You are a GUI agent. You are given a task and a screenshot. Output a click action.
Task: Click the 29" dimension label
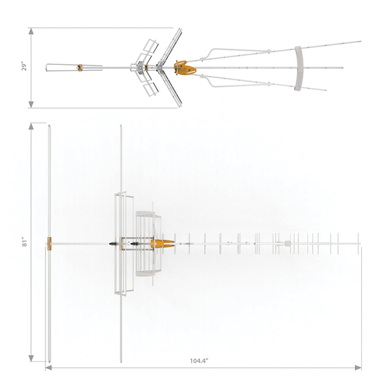pos(24,67)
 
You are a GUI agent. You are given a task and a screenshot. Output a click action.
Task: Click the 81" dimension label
pos(25,242)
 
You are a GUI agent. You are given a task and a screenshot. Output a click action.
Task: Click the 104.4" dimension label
pos(199,361)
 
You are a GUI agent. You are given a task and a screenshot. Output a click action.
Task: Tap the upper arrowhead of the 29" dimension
pos(31,31)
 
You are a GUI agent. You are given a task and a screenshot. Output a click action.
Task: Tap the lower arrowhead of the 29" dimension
pos(31,105)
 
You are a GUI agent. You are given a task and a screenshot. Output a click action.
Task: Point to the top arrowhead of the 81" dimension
pos(31,126)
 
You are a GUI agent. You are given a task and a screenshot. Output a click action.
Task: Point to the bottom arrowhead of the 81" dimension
pos(31,358)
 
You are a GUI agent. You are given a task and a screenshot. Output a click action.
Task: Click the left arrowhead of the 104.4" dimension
pos(49,368)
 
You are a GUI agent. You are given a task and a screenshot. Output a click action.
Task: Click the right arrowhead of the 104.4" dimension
pos(358,368)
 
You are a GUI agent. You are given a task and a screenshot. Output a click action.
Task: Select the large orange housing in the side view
pos(185,68)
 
